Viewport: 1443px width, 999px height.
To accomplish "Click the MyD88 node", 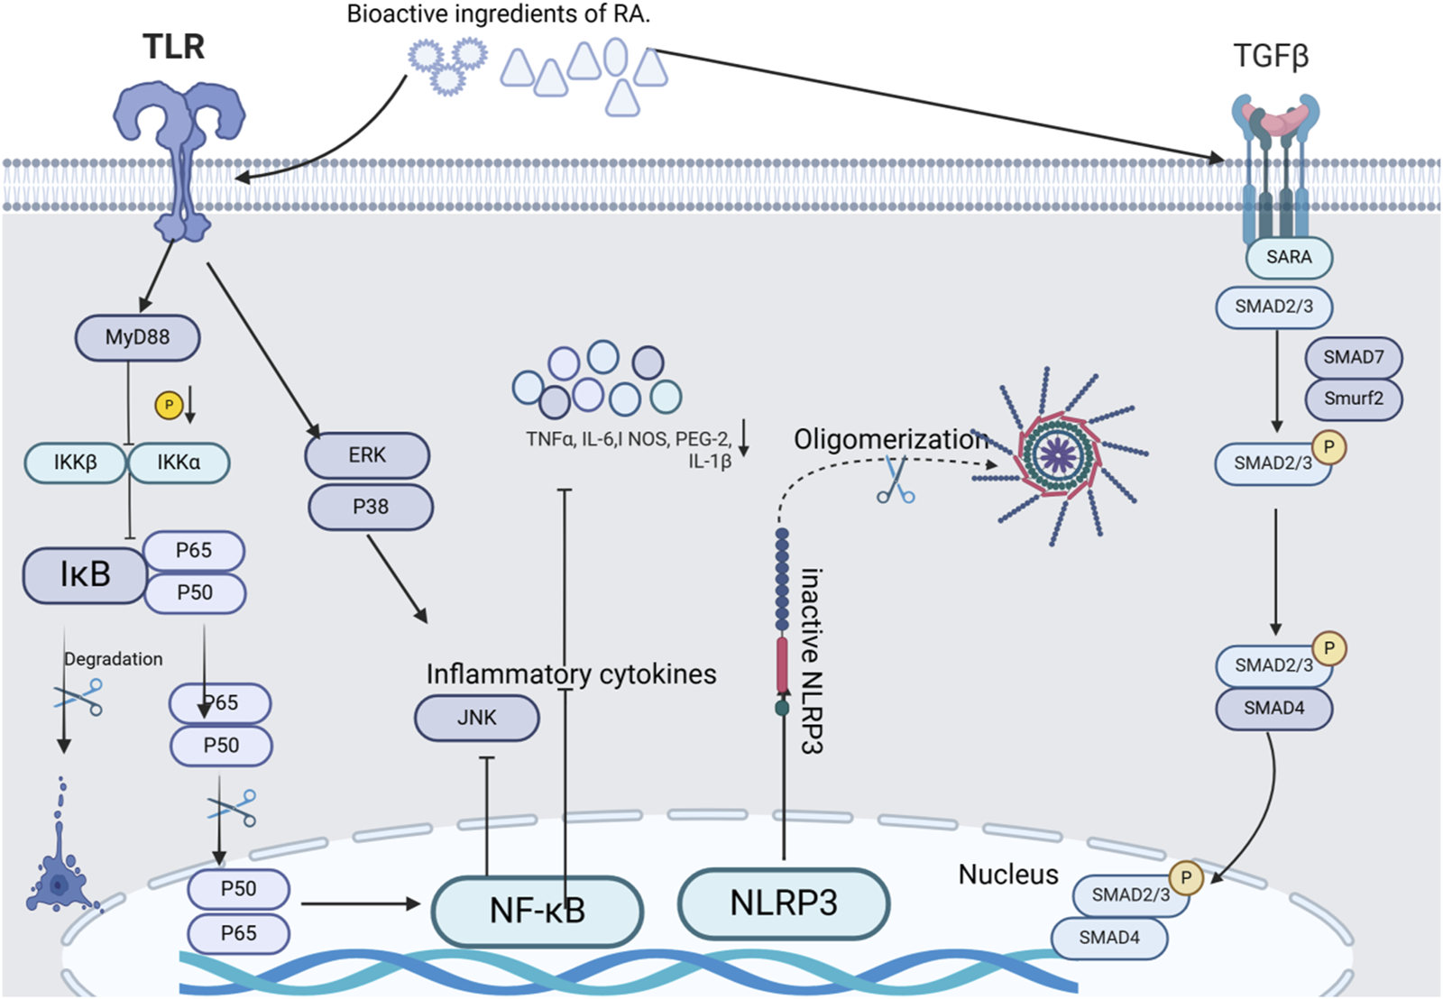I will [x=137, y=337].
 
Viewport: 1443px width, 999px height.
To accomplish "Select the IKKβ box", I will [x=76, y=463].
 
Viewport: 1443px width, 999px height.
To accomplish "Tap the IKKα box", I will [x=179, y=463].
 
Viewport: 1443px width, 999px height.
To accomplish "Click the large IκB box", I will [x=85, y=574].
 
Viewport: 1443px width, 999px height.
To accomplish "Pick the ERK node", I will [x=367, y=455].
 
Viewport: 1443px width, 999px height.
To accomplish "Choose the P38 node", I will [x=371, y=507].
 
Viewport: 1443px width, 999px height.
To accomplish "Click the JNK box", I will [x=476, y=718].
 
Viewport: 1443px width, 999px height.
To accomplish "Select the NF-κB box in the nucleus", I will [x=538, y=911].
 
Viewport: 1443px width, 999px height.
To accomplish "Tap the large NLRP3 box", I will [x=783, y=903].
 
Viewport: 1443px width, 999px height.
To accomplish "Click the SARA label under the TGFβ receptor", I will [x=1289, y=257].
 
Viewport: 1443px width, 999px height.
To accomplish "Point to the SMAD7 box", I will [x=1353, y=357].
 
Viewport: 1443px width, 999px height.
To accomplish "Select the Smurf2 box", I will [x=1353, y=399].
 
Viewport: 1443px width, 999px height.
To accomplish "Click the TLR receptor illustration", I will [x=179, y=153].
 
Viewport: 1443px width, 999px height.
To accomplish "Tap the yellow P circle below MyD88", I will [x=169, y=405].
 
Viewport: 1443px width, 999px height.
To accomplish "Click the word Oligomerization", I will [x=890, y=439].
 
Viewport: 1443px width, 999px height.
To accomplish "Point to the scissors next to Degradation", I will [x=79, y=697].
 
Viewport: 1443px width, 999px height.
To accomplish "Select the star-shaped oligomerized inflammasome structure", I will [x=1059, y=455].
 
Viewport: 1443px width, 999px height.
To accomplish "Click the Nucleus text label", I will [x=1007, y=874].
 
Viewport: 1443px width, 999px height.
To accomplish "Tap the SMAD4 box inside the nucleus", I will [x=1109, y=938].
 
